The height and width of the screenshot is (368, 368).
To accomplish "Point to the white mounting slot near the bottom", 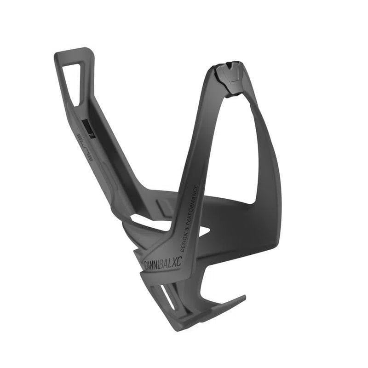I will [x=167, y=296].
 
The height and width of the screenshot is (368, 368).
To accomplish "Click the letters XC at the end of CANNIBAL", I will [x=176, y=261].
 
